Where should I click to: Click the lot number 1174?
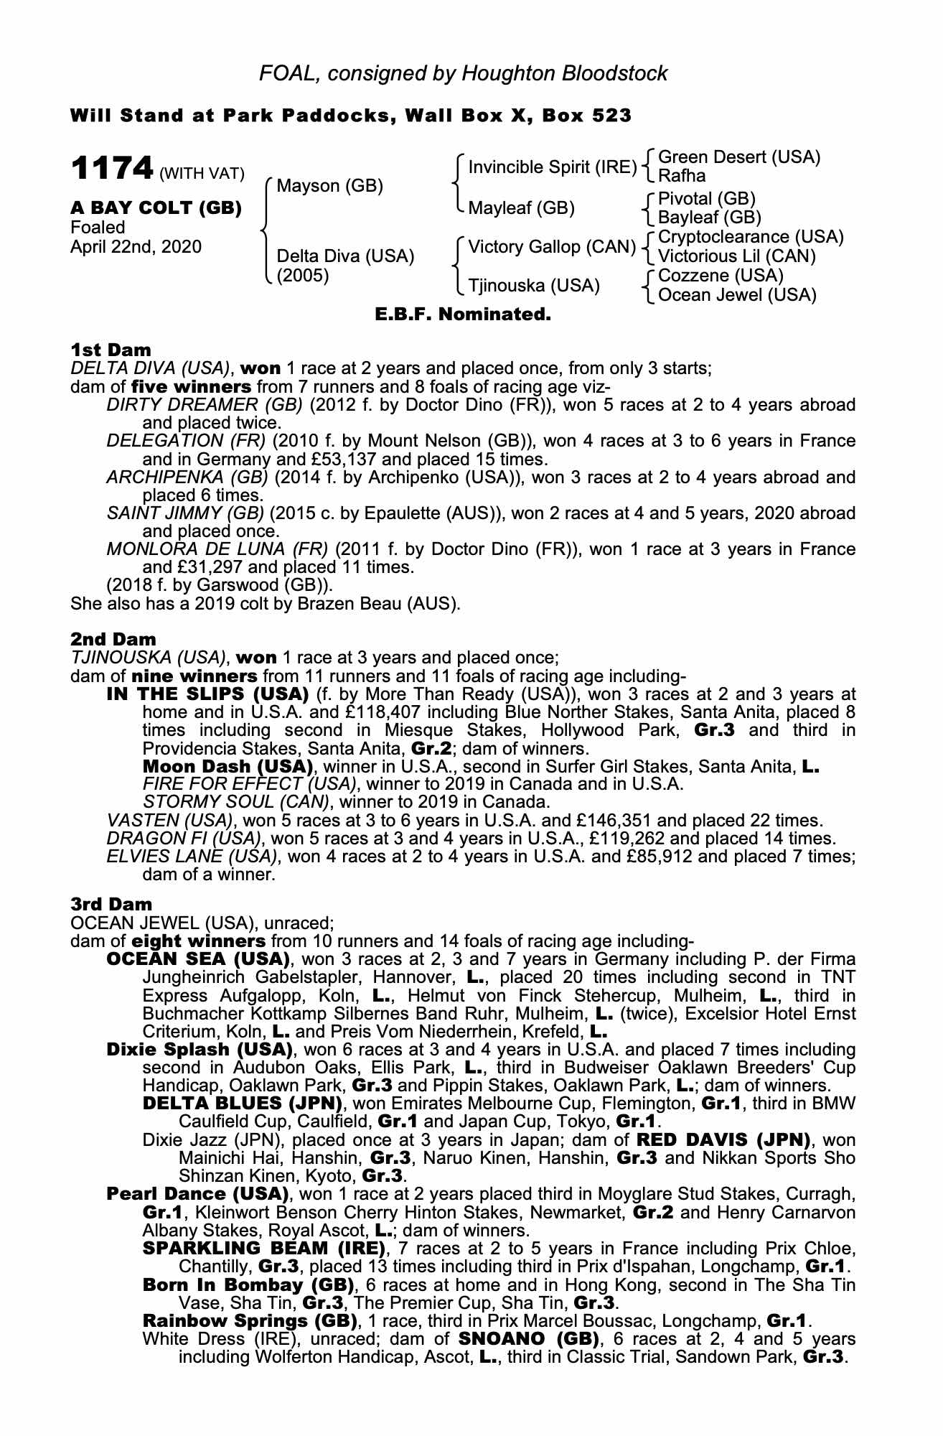[112, 169]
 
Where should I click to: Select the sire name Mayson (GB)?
[329, 186]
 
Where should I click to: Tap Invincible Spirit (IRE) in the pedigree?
[552, 167]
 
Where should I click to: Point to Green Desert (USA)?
[738, 157]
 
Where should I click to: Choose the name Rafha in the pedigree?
[682, 176]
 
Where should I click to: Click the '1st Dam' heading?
[111, 350]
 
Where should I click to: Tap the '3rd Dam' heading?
[112, 903]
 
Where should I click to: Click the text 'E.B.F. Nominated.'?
[463, 314]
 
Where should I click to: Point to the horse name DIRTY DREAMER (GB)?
[205, 405]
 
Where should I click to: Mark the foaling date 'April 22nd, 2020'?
[136, 247]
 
